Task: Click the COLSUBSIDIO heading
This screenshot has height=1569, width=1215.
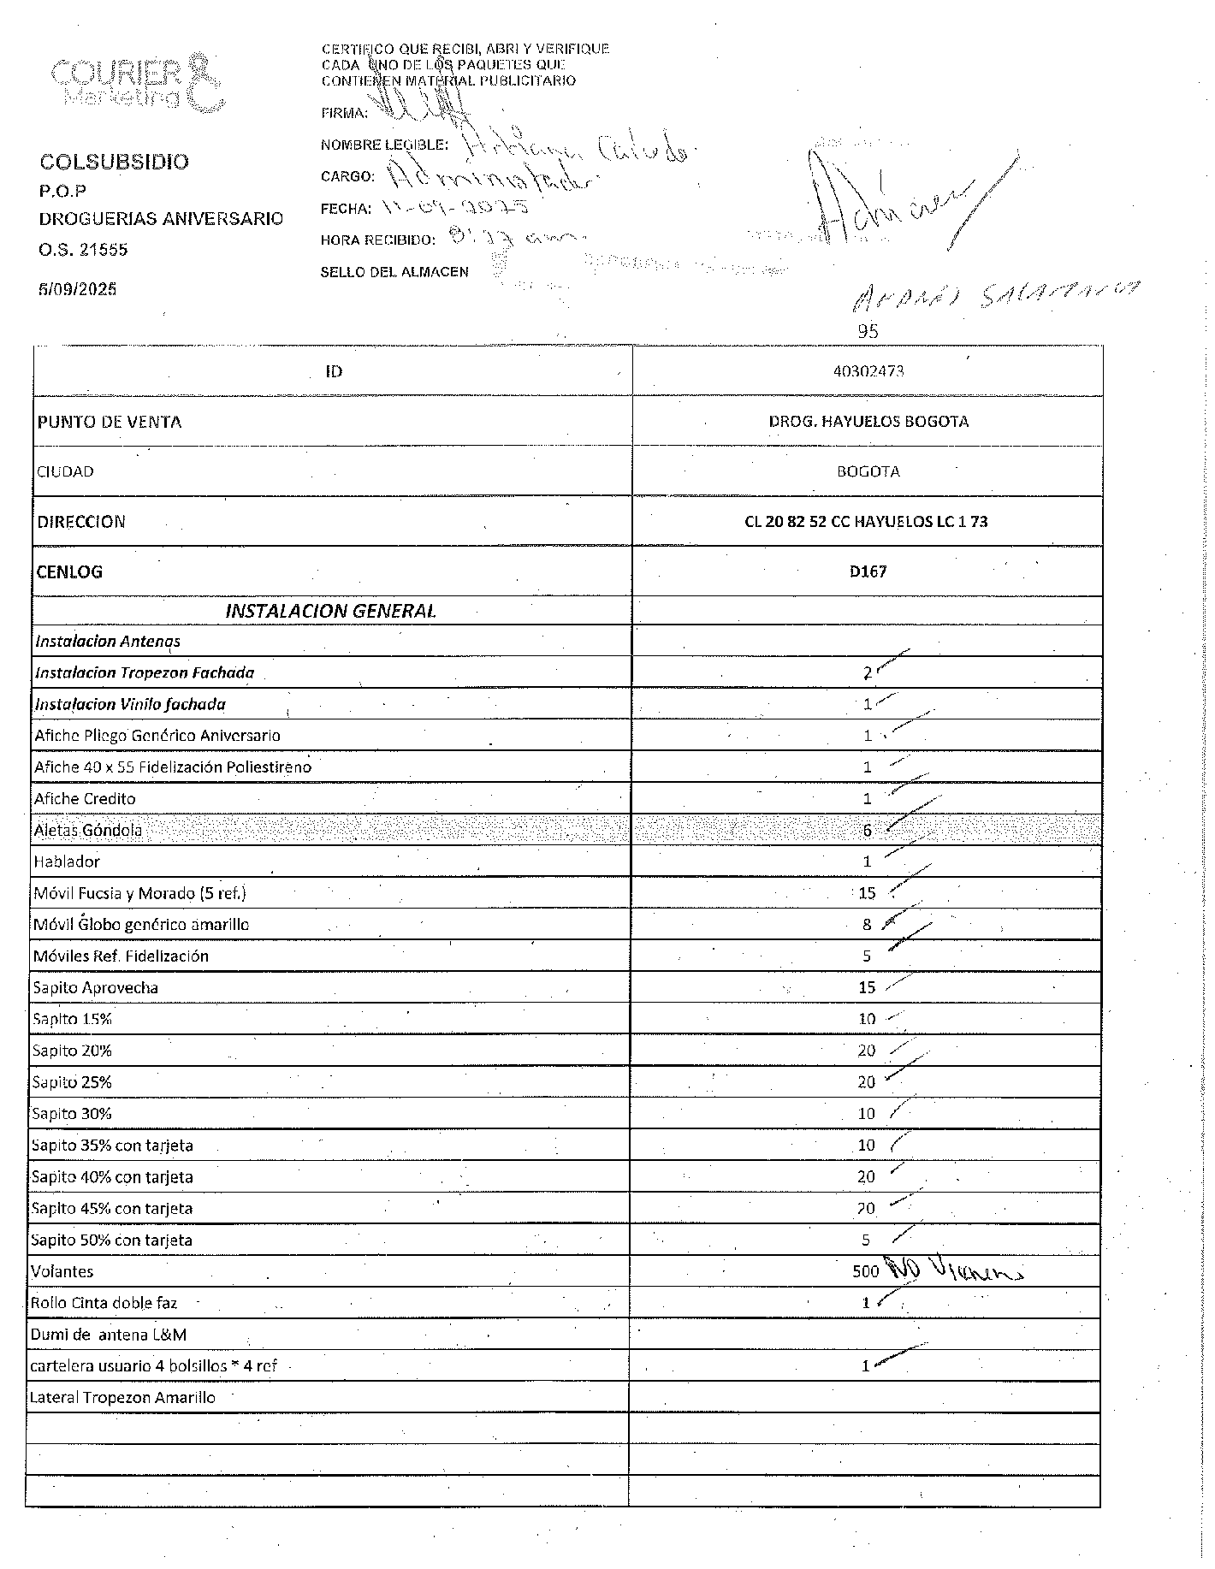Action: [x=115, y=162]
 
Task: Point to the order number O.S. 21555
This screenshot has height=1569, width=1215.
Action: [x=83, y=250]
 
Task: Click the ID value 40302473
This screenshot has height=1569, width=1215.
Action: [x=868, y=371]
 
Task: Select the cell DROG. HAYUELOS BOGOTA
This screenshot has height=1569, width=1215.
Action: [x=868, y=422]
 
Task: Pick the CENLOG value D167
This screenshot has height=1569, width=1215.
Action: [x=868, y=571]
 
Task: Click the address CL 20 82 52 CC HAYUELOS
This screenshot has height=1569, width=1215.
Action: [x=866, y=522]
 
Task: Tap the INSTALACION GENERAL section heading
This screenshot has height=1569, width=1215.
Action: [x=330, y=611]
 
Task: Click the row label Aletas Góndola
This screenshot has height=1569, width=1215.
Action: [x=87, y=831]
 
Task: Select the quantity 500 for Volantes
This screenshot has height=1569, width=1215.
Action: [x=865, y=1271]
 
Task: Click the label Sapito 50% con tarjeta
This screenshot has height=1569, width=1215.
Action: [x=111, y=1240]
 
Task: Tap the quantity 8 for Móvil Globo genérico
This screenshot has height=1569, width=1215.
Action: [x=867, y=925]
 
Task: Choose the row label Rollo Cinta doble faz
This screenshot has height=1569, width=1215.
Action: [x=104, y=1303]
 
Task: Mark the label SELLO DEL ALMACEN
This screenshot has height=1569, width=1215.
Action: [x=394, y=272]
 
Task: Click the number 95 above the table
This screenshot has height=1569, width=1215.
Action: [x=868, y=331]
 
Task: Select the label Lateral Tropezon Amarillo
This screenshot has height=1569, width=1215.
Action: [x=122, y=1398]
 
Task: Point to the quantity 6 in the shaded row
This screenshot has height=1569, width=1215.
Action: [x=867, y=831]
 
